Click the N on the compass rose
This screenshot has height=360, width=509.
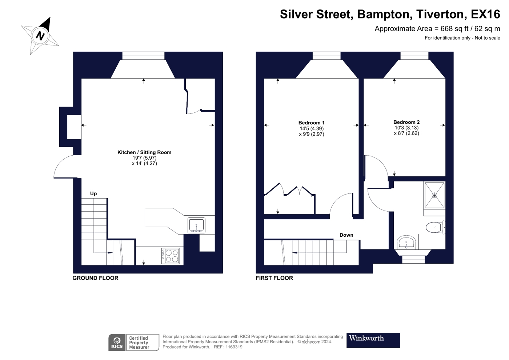click(x=40, y=36)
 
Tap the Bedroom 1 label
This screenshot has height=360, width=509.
click(x=311, y=123)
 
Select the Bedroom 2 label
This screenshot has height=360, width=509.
click(x=406, y=122)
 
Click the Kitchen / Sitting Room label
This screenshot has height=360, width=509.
click(x=144, y=152)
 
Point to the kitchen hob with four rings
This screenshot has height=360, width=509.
click(x=171, y=256)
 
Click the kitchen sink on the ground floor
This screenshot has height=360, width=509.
click(x=197, y=225)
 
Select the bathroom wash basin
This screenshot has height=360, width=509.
click(x=406, y=242)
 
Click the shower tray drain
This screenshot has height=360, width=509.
click(x=434, y=195)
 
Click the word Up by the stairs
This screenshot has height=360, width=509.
click(x=93, y=193)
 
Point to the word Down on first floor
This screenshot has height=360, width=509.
click(x=346, y=235)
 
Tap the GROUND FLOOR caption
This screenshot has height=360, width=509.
click(x=95, y=278)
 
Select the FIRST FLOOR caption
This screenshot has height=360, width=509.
click(x=274, y=278)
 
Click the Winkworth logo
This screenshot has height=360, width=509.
click(x=373, y=340)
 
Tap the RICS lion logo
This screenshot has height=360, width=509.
click(x=117, y=343)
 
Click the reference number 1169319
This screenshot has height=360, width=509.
click(x=234, y=347)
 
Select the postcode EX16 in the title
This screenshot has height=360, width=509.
click(x=485, y=14)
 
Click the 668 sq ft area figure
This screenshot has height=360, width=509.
click(x=454, y=29)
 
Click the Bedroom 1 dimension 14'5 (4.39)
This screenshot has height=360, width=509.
click(x=312, y=129)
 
